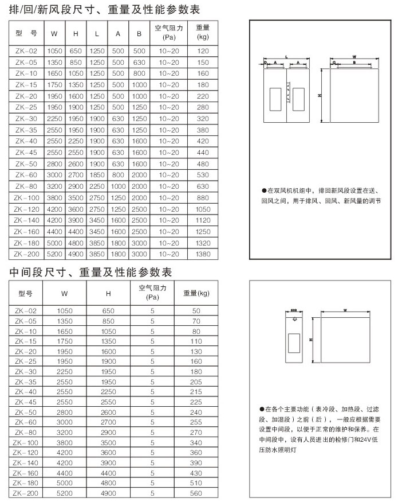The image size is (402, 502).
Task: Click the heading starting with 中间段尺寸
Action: coord(91,271)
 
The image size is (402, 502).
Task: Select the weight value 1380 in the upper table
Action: coord(203,253)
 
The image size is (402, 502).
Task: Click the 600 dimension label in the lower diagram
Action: coord(294,311)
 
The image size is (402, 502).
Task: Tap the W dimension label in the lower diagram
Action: coord(345,310)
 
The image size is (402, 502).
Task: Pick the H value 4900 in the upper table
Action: coord(76,253)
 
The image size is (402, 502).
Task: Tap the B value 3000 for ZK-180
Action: coord(139,244)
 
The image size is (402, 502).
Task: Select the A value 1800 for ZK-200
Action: coord(118,253)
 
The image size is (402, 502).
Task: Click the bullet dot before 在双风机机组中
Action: coord(263,190)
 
